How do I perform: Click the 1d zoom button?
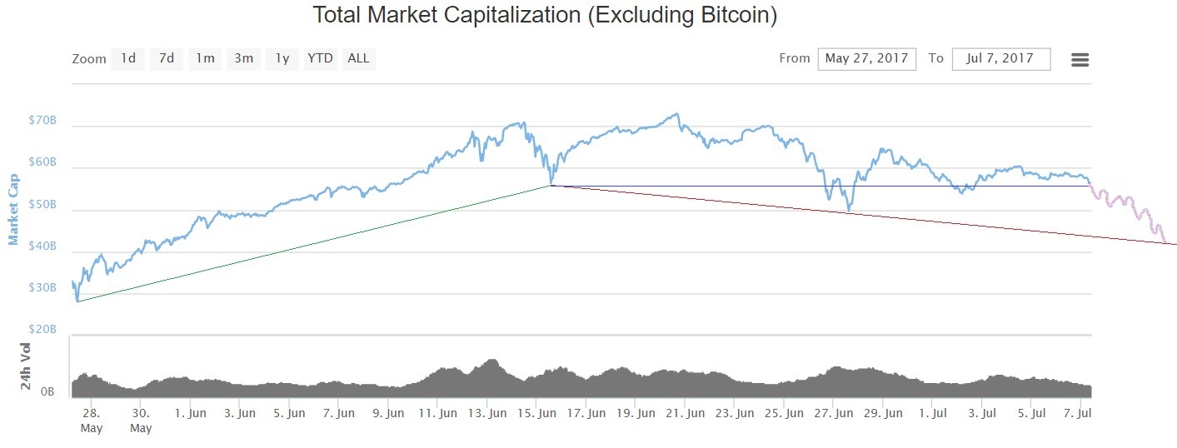pyautogui.click(x=128, y=58)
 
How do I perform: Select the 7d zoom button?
pyautogui.click(x=167, y=58)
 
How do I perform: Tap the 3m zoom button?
pyautogui.click(x=243, y=58)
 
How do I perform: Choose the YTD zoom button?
pyautogui.click(x=320, y=58)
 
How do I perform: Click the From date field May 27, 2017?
pyautogui.click(x=866, y=58)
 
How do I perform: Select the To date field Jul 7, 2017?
pyautogui.click(x=1000, y=58)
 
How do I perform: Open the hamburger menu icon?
pyautogui.click(x=1080, y=59)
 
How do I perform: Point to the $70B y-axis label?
pyautogui.click(x=42, y=120)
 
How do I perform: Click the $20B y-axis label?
pyautogui.click(x=42, y=330)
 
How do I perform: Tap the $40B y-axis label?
pyautogui.click(x=42, y=246)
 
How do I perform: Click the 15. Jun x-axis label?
pyautogui.click(x=536, y=413)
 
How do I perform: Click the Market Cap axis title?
pyautogui.click(x=13, y=210)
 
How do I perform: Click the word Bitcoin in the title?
pyautogui.click(x=726, y=15)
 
